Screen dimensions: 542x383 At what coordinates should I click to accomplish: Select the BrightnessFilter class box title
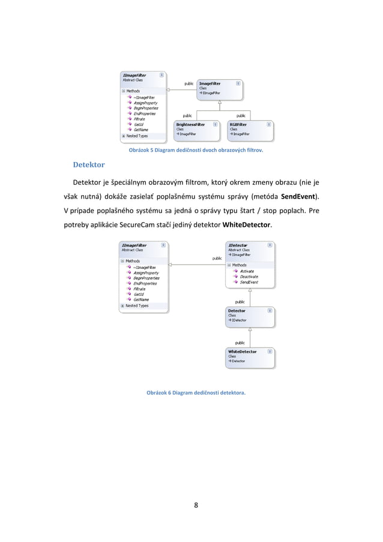tap(190, 124)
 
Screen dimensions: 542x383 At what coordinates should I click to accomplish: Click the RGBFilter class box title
tap(238, 124)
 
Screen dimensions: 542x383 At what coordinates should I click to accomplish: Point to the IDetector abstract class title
tap(240, 245)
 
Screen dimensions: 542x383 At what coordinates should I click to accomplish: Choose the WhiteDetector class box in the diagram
tap(250, 356)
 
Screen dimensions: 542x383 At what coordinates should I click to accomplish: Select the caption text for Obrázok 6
tap(196, 393)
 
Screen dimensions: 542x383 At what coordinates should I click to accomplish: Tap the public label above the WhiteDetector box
tap(240, 342)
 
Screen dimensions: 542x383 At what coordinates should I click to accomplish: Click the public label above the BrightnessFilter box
tap(188, 115)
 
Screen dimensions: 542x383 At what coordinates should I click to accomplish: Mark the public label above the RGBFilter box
tap(240, 115)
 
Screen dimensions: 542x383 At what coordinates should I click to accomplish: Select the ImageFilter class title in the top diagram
tap(210, 83)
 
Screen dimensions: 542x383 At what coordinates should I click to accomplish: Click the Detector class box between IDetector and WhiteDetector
tap(250, 316)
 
